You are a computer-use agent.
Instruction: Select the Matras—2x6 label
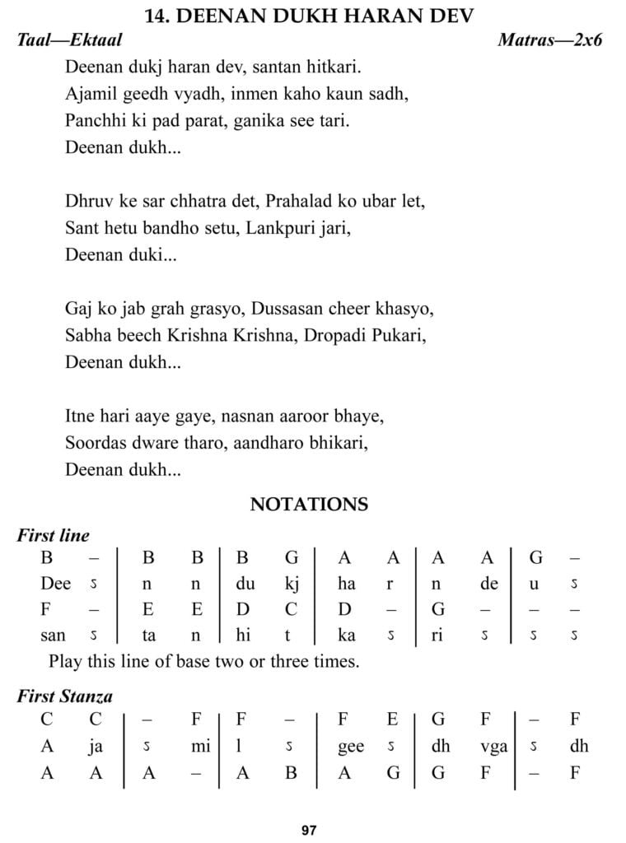[549, 40]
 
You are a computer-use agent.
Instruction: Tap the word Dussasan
[287, 309]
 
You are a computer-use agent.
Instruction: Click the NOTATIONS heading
[309, 504]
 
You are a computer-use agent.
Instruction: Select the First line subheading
[54, 535]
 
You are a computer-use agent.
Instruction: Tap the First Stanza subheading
[65, 696]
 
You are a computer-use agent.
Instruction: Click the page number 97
[309, 831]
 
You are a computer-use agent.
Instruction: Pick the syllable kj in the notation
[292, 584]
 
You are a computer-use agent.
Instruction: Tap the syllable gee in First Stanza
[351, 746]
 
